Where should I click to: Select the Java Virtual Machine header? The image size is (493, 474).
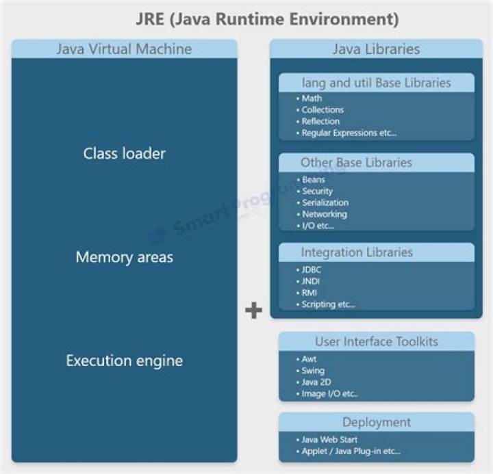[124, 49]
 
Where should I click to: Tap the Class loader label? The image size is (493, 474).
[124, 153]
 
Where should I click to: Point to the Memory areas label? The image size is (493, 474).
[124, 257]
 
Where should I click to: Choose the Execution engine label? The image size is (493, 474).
[124, 360]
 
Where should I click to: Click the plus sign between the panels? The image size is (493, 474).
[253, 311]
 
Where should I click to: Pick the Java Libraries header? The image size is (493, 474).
[376, 49]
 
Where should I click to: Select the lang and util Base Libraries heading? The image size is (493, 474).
[376, 83]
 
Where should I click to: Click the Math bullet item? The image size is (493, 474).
[312, 98]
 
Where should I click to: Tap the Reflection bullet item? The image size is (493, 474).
[320, 121]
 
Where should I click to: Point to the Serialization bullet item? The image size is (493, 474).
[325, 202]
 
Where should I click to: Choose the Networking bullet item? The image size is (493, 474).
[324, 214]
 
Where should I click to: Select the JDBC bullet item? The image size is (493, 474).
[312, 269]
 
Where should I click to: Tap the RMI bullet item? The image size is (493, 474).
[310, 293]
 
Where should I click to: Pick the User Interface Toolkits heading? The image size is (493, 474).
[376, 341]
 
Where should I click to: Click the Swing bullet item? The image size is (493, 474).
[313, 371]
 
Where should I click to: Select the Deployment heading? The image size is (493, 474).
[376, 422]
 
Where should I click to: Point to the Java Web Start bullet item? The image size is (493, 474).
[329, 440]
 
